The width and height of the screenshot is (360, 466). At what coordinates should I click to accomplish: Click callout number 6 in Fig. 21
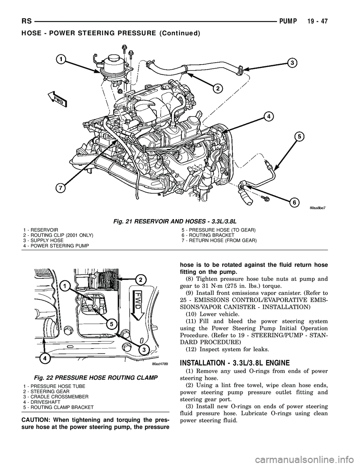click(x=295, y=202)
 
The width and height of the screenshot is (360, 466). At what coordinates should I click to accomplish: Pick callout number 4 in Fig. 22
click(x=45, y=358)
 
